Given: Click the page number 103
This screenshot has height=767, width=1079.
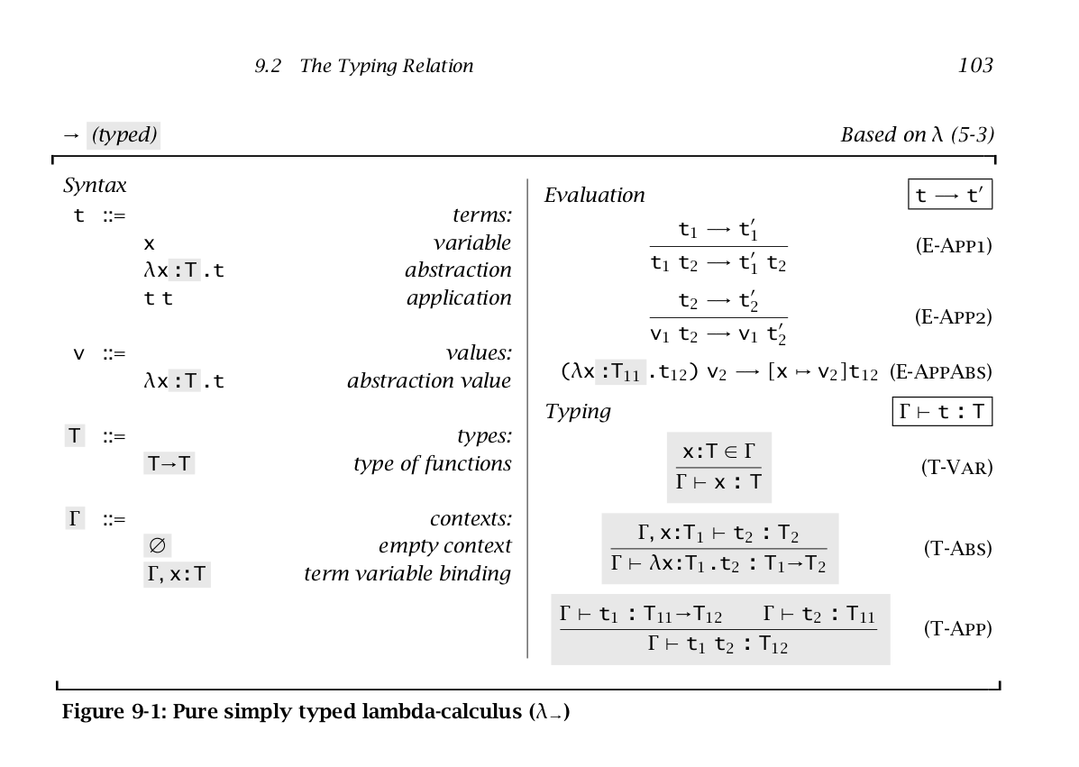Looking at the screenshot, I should coord(974,66).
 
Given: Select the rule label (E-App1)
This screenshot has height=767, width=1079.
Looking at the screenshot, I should coord(953,246).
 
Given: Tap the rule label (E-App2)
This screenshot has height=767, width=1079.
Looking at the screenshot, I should coord(953,316).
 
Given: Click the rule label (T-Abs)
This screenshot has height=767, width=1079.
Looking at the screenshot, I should coord(957,548).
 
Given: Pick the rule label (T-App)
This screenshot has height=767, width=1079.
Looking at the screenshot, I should coord(957,628).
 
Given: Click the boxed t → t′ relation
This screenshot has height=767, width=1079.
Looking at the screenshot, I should coord(949,196).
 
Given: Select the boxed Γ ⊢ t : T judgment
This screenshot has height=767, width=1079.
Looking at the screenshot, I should coord(940,412).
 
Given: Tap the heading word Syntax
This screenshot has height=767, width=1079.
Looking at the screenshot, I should coord(95,186).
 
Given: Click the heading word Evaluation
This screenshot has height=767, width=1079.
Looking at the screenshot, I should coord(595,196).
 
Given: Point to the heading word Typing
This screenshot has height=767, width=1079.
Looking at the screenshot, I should coord(578,412).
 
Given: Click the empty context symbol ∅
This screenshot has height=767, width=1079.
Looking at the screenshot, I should coord(158,546).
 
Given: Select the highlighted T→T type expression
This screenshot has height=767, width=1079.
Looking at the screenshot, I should coord(169,464).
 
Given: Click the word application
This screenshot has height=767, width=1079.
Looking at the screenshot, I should coord(458,297).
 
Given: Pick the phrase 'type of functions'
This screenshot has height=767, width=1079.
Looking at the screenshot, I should coord(432,464).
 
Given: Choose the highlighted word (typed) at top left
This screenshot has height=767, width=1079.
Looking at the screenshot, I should coord(124,136).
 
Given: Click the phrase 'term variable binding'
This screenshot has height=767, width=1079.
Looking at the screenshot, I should coord(407,573).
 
